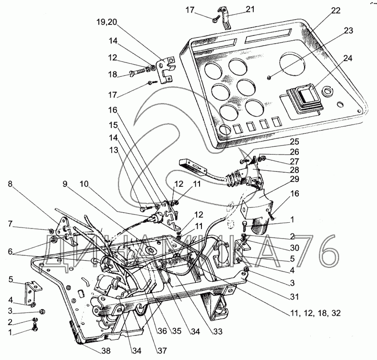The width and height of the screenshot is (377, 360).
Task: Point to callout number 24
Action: [x=347, y=59]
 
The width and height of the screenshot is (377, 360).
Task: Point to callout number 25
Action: [x=294, y=142]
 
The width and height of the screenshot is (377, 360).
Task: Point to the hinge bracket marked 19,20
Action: [x=167, y=68]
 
